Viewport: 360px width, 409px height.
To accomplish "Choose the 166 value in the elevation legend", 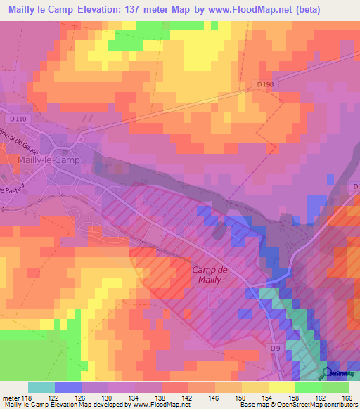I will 346,397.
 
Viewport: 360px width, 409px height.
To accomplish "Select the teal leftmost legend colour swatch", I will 41,387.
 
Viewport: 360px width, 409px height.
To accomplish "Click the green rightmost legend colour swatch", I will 335,387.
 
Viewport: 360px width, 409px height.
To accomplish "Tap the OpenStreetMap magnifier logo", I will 328,374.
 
